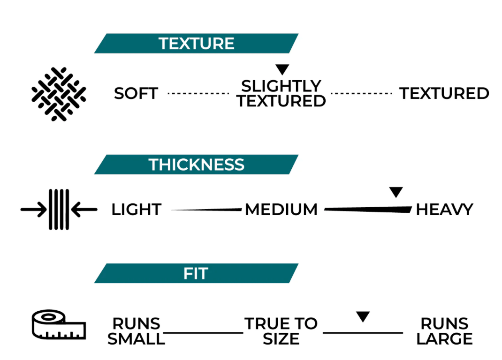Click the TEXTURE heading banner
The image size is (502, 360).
click(196, 43)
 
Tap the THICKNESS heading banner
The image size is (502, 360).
click(196, 165)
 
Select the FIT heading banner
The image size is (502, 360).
click(196, 273)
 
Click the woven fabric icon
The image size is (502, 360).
click(59, 94)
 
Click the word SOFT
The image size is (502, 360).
click(136, 94)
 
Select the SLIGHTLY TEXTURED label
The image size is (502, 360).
click(281, 94)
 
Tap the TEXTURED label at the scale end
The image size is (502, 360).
click(444, 94)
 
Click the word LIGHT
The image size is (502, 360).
click(137, 210)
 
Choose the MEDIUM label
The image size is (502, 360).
click(281, 210)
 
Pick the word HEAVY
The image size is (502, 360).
click(444, 210)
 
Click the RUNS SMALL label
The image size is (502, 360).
click(136, 331)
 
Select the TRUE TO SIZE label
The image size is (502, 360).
click(281, 331)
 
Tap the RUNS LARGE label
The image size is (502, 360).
click(444, 331)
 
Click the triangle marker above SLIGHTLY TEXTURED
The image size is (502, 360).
click(282, 69)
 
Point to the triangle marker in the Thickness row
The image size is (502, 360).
click(396, 192)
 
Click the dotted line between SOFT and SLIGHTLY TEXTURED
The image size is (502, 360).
click(198, 94)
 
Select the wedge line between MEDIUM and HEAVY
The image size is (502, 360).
click(368, 209)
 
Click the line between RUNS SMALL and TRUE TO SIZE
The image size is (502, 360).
click(203, 333)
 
